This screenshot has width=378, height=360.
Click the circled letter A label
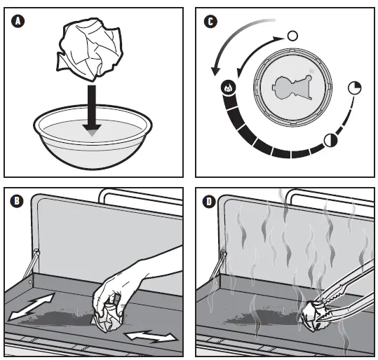tap(18, 21)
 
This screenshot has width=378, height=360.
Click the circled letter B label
tap(17, 201)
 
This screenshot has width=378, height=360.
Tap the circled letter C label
tap(210, 22)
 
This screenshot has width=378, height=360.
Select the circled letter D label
tap(209, 202)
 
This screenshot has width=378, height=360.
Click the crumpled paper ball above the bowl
tap(90, 49)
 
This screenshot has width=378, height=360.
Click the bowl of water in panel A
tap(93, 137)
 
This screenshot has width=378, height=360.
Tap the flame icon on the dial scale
tap(228, 88)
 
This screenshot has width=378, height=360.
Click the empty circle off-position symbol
tap(292, 36)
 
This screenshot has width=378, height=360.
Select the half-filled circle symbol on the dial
tap(330, 140)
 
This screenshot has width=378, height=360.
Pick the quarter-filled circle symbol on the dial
tap(355, 88)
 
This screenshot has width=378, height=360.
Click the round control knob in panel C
tap(292, 88)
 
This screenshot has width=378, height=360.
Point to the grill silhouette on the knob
tap(292, 87)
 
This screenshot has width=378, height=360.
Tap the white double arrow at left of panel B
tap(31, 307)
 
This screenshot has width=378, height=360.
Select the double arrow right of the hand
tap(151, 337)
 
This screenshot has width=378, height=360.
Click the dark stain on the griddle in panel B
tap(58, 318)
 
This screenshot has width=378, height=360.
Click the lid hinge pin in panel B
tap(37, 253)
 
